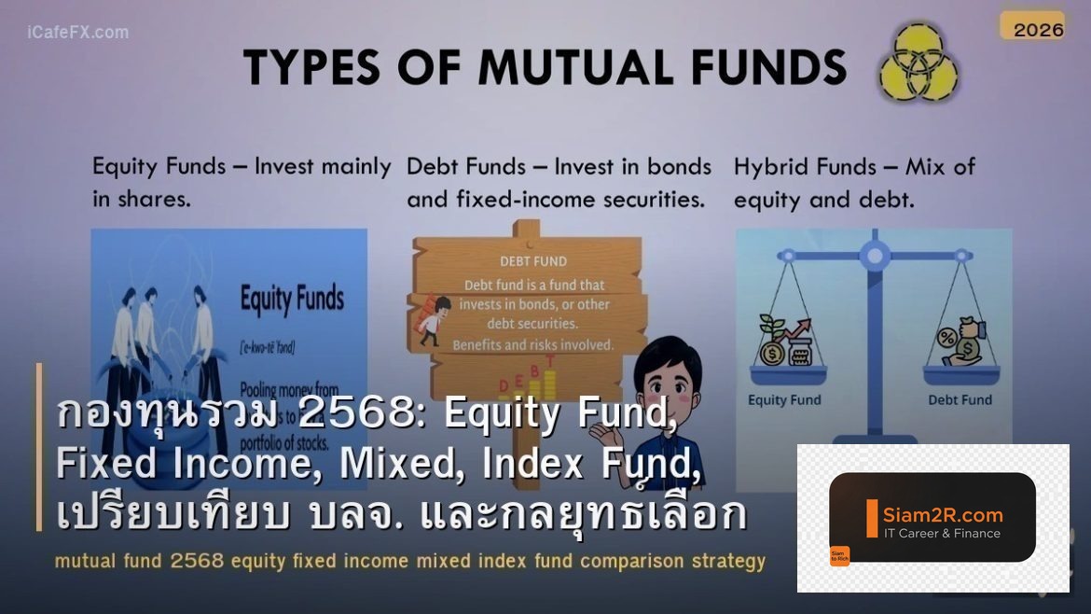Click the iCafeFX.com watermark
78,33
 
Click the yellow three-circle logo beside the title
918,63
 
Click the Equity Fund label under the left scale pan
784,400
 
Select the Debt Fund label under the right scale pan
960,400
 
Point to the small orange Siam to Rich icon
839,556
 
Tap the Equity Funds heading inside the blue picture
292,300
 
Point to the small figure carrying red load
432,320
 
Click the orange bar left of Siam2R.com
872,519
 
